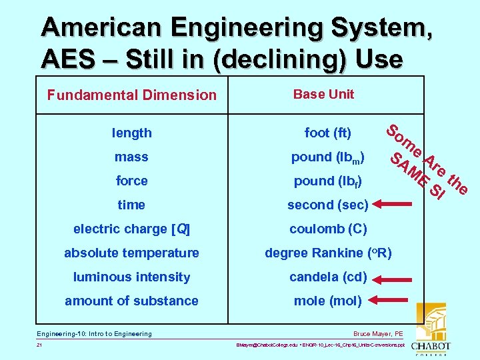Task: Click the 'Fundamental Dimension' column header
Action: (x=132, y=95)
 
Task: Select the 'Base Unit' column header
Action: (x=323, y=94)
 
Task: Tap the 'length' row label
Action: (x=132, y=133)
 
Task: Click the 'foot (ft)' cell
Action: (x=328, y=133)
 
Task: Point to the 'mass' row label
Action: (x=132, y=157)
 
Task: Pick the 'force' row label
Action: (x=132, y=181)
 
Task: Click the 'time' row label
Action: (x=132, y=205)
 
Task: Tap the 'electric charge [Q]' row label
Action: (x=132, y=229)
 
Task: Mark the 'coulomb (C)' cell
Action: (x=328, y=229)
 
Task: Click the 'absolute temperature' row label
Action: (x=132, y=253)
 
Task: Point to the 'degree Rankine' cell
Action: (x=328, y=253)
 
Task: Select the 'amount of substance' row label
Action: (x=132, y=301)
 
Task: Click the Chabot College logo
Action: (x=431, y=330)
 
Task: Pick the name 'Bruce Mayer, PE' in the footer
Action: (x=378, y=334)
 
